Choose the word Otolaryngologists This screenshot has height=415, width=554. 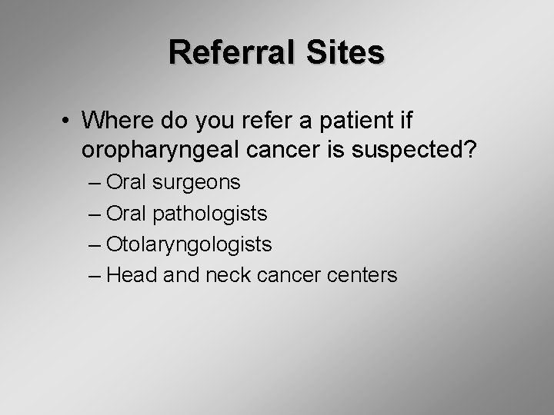pyautogui.click(x=189, y=244)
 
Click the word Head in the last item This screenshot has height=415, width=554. pyautogui.click(x=132, y=274)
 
